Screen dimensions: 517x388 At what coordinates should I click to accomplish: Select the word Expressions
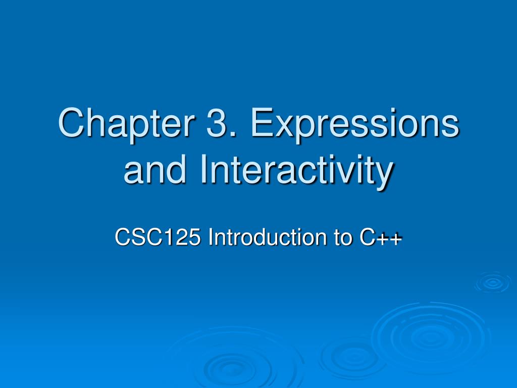point(355,124)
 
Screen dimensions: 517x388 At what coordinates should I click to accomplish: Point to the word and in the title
point(154,169)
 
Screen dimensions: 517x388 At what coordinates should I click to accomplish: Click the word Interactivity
point(296,172)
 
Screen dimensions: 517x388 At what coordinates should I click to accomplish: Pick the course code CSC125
point(158,237)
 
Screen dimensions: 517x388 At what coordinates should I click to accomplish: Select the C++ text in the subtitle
point(381,237)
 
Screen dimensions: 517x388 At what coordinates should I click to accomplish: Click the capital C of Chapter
point(71,122)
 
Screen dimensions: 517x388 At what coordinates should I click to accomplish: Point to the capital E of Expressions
point(263,122)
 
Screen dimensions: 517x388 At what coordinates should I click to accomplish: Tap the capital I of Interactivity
point(203,169)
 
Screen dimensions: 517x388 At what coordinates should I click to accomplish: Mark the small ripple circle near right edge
point(493,282)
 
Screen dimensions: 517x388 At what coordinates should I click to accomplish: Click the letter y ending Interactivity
point(384,175)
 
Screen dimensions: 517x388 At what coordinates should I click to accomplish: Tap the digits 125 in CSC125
point(185,237)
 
